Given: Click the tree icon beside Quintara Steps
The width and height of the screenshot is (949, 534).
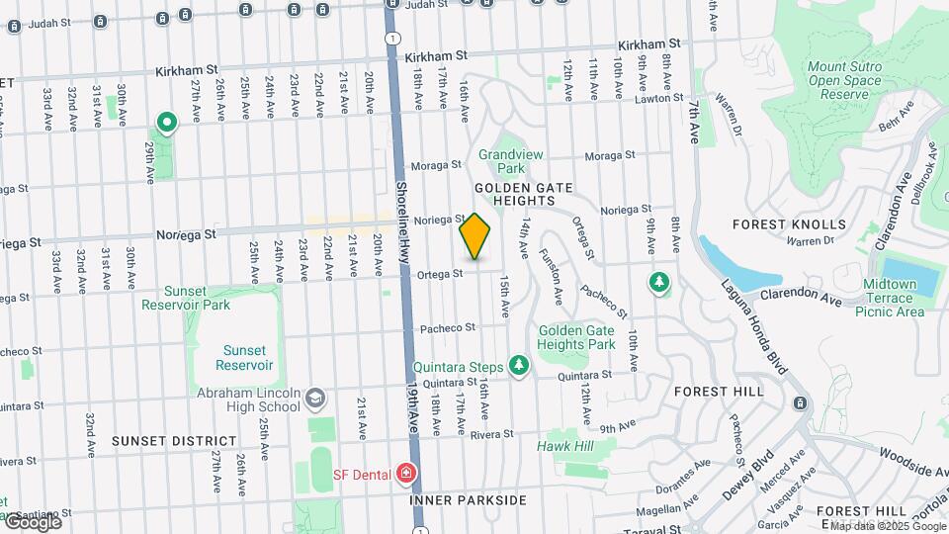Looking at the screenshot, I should pyautogui.click(x=518, y=367).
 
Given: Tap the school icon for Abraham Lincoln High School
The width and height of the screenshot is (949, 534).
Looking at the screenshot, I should pyautogui.click(x=314, y=399).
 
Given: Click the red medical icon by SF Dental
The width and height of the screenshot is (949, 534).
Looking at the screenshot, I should pyautogui.click(x=404, y=475).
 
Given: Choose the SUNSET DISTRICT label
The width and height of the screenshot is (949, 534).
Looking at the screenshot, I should pyautogui.click(x=174, y=440).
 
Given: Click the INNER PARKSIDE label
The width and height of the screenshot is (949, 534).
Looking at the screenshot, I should pyautogui.click(x=468, y=500).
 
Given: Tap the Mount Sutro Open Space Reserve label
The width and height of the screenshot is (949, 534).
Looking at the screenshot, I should pyautogui.click(x=844, y=80).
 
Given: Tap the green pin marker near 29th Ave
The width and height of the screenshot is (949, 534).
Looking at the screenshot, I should pyautogui.click(x=167, y=124).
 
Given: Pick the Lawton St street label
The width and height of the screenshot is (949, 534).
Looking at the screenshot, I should pyautogui.click(x=658, y=98).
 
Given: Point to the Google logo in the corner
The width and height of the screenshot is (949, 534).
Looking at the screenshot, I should pyautogui.click(x=32, y=522).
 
